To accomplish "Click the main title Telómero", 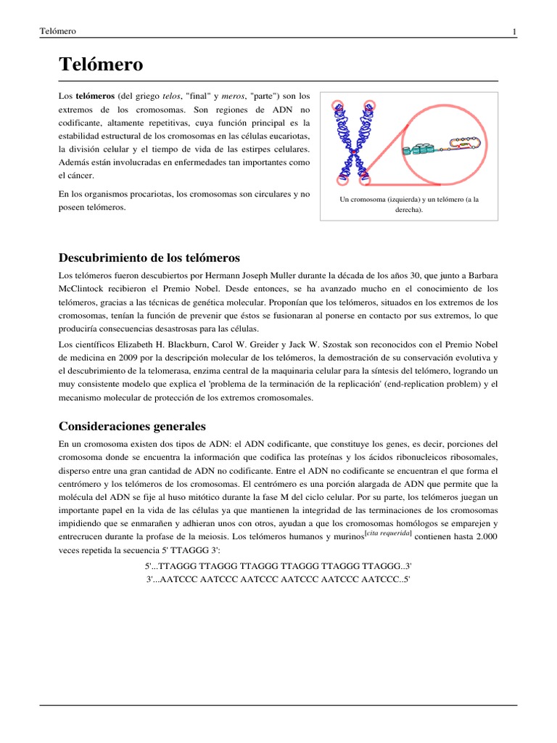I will pyautogui.click(x=101, y=65).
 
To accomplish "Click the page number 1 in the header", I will pyautogui.click(x=514, y=31).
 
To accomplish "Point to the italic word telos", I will pyautogui.click(x=171, y=96).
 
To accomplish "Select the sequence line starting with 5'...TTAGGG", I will pyautogui.click(x=278, y=566).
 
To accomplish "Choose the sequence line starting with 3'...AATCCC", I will pyautogui.click(x=278, y=579).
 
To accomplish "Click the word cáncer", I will pyautogui.click(x=80, y=175).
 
